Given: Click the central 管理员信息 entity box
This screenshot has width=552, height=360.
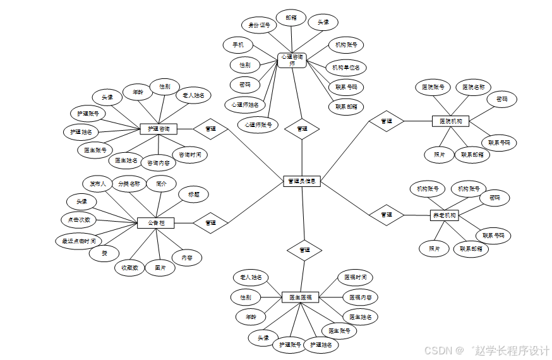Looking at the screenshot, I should click(x=303, y=181).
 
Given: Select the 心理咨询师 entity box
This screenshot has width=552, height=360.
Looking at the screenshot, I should click(x=292, y=60).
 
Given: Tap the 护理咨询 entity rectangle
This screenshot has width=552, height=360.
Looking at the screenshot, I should click(x=158, y=129).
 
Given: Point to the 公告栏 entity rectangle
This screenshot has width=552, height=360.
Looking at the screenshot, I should click(x=155, y=223).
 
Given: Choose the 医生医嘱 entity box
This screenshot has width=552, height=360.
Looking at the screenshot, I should click(x=301, y=297).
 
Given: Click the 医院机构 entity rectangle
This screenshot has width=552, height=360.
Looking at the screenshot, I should click(x=450, y=121).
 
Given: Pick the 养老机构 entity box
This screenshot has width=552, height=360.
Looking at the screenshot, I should click(x=445, y=215).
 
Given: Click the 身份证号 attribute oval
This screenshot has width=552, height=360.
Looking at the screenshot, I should click(x=259, y=26).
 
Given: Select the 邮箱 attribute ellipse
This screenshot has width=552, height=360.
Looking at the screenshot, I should click(x=291, y=18).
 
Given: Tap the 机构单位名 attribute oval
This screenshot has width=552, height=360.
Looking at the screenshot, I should click(x=346, y=67).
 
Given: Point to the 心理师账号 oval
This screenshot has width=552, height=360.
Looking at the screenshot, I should click(x=258, y=124).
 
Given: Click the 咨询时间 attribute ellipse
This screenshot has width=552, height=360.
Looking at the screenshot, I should click(x=189, y=154).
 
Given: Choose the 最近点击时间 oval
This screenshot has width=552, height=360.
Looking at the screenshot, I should click(x=79, y=241).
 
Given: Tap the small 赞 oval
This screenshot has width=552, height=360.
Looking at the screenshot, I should click(x=104, y=253).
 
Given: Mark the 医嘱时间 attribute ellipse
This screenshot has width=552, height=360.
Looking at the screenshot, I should click(x=355, y=277).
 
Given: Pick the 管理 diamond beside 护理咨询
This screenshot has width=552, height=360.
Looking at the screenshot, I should click(x=211, y=129).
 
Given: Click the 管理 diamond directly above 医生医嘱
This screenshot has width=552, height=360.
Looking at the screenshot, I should click(x=304, y=250).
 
